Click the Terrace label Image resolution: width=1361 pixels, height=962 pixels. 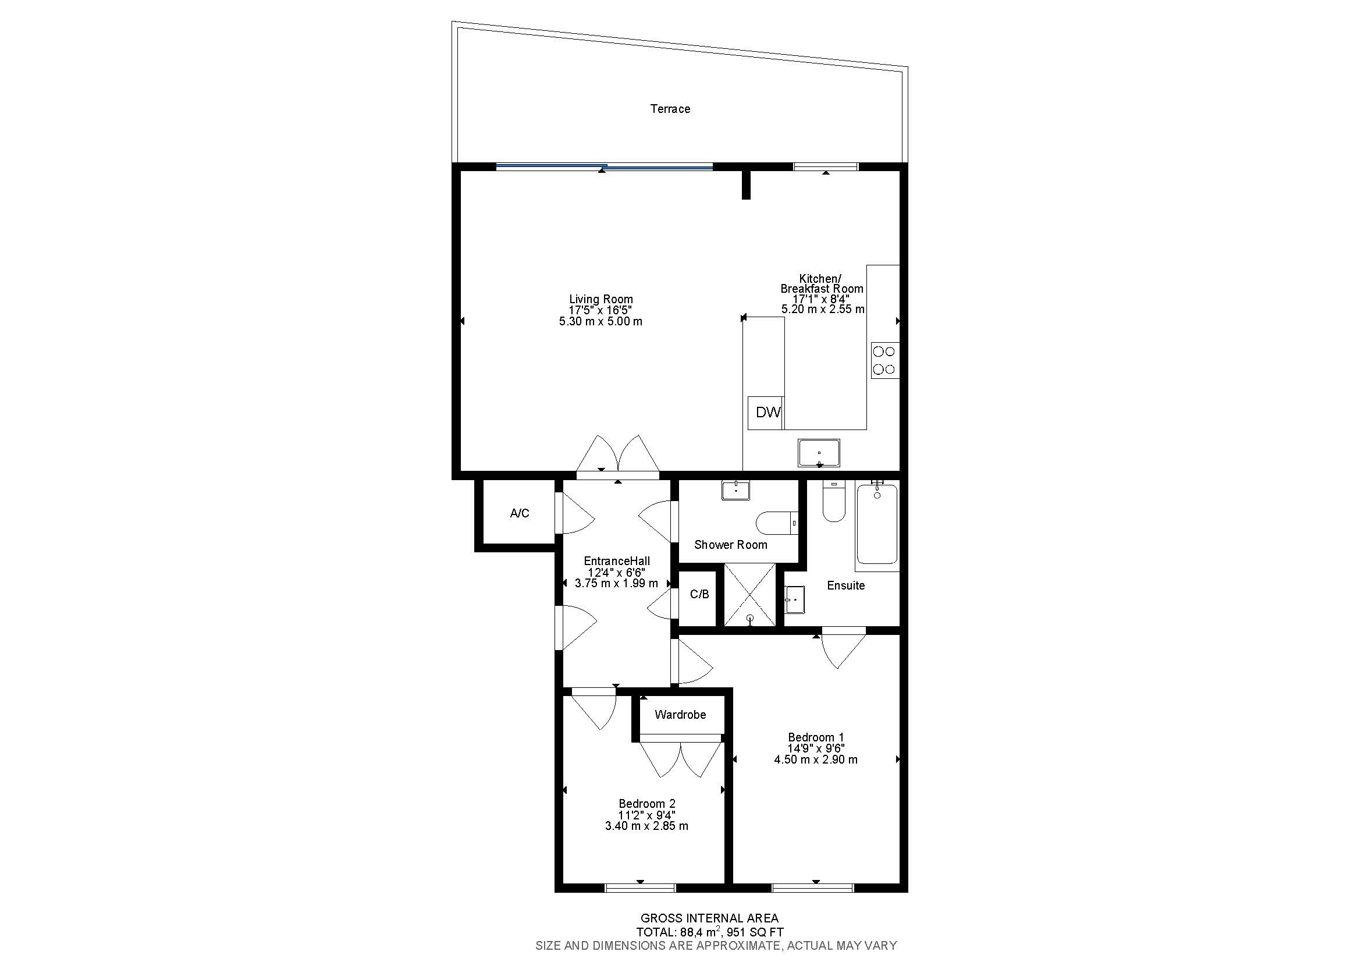coord(670,109)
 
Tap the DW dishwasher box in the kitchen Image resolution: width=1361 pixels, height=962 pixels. coord(767,413)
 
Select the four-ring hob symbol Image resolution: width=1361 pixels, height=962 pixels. coord(884,360)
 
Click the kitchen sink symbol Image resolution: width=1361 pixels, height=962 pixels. coord(819,453)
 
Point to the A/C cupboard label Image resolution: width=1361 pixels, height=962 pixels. coord(519,513)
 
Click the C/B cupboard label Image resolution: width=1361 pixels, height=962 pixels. coord(699,594)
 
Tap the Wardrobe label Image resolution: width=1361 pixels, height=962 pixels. coord(680,715)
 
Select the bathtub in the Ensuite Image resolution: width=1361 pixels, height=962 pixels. coord(877,524)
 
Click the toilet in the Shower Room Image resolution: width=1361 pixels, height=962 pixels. coord(777,523)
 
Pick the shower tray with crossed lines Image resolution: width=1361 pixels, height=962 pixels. coord(750,595)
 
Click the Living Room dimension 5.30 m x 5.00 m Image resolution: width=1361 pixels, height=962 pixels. coord(600,322)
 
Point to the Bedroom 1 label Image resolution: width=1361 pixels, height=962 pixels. coord(815,737)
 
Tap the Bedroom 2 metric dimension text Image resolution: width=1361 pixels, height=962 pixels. coord(646,826)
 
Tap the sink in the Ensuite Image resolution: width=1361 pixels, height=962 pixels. coord(794,600)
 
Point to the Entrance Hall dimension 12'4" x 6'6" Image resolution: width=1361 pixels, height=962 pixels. coord(616,573)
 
